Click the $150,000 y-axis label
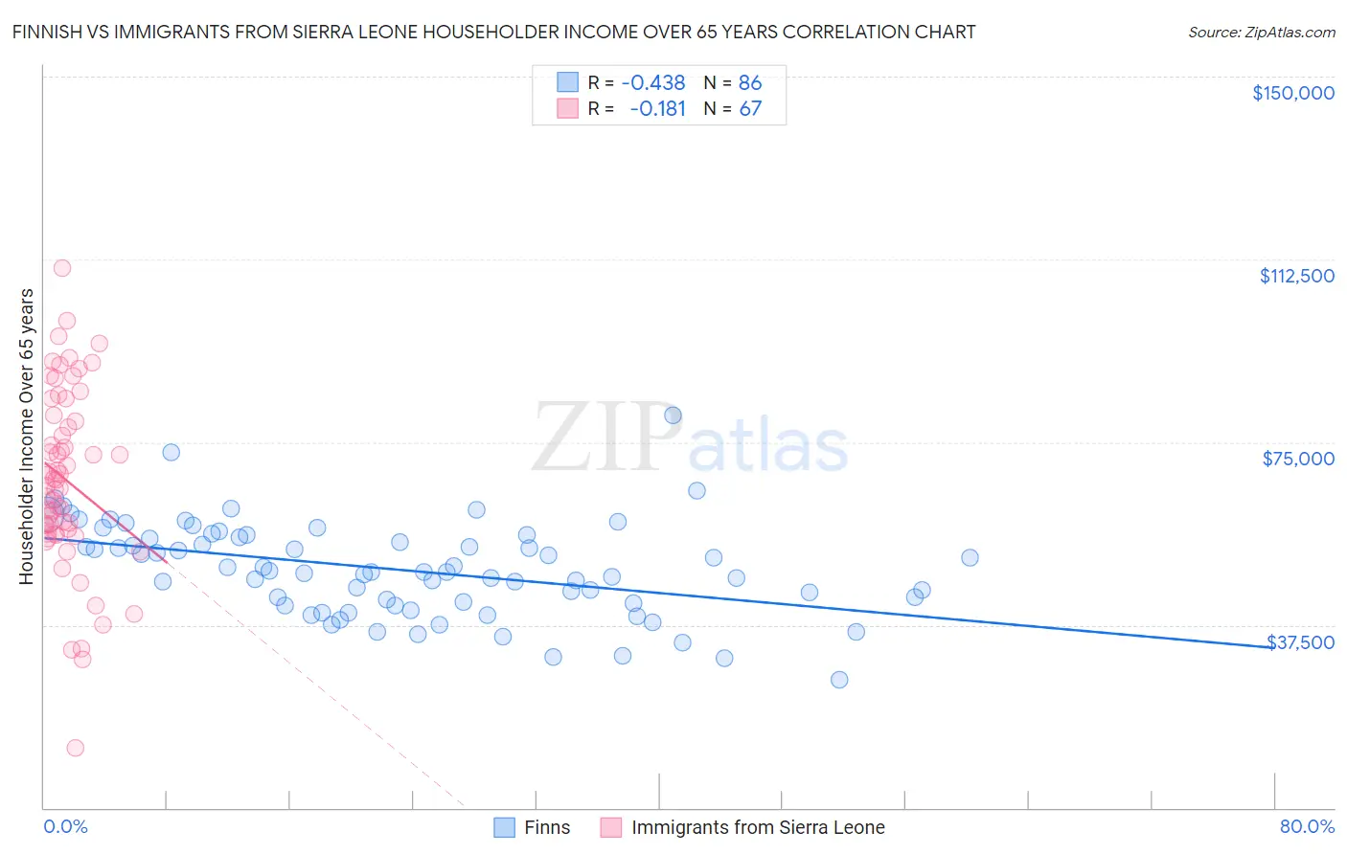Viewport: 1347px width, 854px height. tap(1292, 93)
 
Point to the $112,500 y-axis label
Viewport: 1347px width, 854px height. tap(1296, 276)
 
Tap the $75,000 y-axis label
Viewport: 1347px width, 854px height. tap(1298, 459)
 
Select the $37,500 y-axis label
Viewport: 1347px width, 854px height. tap(1300, 641)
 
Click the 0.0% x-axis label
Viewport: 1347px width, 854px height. tap(65, 826)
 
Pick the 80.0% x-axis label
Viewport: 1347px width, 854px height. tap(1307, 826)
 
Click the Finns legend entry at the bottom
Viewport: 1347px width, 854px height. tap(546, 827)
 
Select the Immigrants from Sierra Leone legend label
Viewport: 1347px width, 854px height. tap(758, 827)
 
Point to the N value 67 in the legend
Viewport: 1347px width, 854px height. tap(750, 109)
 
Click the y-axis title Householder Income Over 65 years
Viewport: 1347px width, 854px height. tap(26, 437)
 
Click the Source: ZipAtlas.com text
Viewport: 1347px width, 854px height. tap(1261, 32)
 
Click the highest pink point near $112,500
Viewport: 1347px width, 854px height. tap(62, 268)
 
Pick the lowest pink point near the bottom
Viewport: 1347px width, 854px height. tap(75, 748)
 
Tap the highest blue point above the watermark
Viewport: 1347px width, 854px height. tap(673, 415)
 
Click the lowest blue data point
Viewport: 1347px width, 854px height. tap(839, 680)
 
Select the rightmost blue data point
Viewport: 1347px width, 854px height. tap(970, 557)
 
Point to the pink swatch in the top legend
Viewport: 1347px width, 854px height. tap(567, 109)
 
